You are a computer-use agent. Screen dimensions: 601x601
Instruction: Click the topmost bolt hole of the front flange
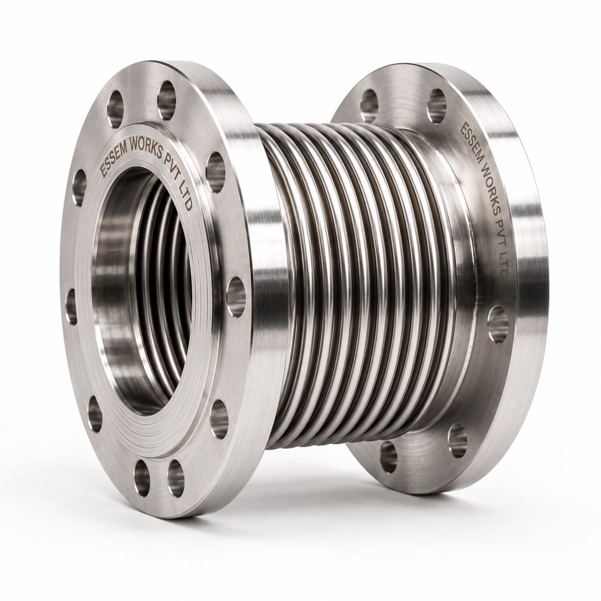167,101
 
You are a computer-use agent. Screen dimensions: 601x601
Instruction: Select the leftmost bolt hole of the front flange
71,307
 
